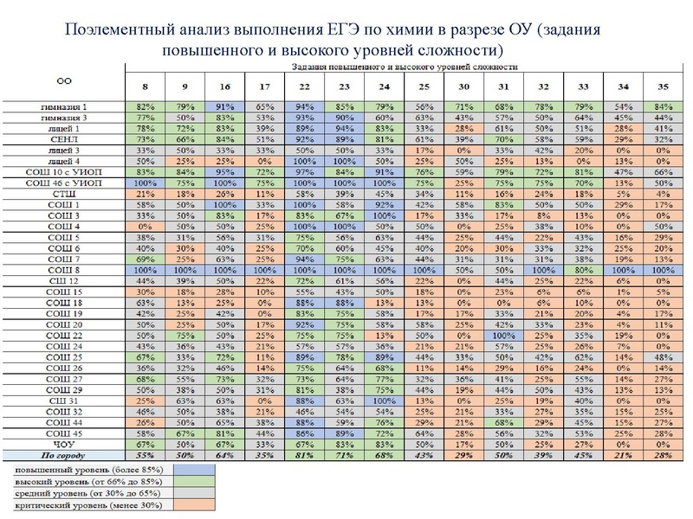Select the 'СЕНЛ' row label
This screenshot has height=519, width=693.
[x=64, y=138]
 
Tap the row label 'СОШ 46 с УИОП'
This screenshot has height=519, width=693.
[x=64, y=183]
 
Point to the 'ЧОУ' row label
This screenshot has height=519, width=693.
[x=64, y=445]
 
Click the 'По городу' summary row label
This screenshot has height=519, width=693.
[x=64, y=456]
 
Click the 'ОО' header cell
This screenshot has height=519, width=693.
[x=64, y=80]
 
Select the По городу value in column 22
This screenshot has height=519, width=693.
[x=303, y=456]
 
